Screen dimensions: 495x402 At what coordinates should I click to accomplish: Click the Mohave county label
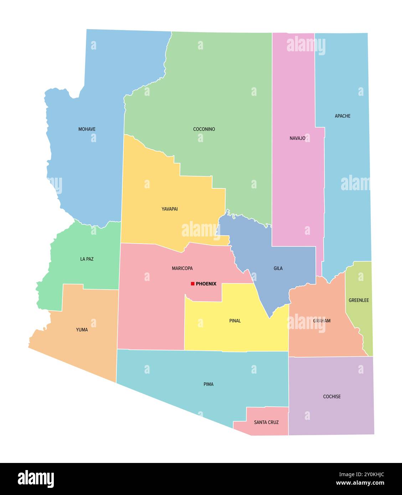(x=87, y=129)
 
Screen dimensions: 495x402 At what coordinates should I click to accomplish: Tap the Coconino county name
(x=204, y=129)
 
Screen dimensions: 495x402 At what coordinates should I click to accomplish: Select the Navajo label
(x=297, y=138)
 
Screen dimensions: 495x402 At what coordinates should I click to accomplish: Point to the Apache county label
(x=342, y=116)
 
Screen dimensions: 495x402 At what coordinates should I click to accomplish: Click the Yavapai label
(x=170, y=209)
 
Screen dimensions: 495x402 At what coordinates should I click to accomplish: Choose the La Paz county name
(x=87, y=259)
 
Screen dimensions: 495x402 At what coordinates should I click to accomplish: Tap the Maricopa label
(x=182, y=269)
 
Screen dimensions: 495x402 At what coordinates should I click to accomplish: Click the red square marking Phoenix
(x=192, y=284)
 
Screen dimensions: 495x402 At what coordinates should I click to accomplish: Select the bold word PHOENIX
(x=206, y=284)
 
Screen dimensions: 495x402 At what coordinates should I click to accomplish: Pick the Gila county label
(x=278, y=269)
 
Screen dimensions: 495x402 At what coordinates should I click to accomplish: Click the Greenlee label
(x=359, y=301)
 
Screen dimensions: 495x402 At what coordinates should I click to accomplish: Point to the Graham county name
(x=322, y=321)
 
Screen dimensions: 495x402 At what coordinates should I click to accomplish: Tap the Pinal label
(x=235, y=321)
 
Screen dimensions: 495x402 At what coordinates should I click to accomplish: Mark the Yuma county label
(x=82, y=330)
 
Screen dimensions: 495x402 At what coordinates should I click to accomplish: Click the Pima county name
(x=208, y=384)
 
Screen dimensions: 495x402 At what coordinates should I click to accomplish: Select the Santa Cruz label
(x=266, y=422)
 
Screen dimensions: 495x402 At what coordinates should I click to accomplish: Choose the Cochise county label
(x=332, y=397)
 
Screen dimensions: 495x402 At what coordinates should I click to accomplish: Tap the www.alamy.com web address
(x=360, y=483)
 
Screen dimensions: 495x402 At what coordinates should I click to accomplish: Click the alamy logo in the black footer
(x=36, y=479)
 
